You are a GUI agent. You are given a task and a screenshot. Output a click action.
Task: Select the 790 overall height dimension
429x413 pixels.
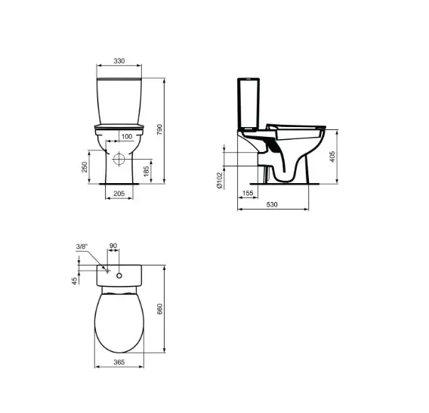[170, 130]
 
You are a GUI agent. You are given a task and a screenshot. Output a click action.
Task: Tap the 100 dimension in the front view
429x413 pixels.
[125, 135]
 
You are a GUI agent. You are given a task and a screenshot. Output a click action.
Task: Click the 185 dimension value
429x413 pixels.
[156, 174]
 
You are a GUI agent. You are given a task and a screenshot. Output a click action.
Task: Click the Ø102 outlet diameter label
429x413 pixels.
[220, 179]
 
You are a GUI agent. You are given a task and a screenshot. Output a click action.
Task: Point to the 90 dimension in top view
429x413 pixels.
[113, 247]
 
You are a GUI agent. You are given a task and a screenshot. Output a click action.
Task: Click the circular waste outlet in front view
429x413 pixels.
[119, 161]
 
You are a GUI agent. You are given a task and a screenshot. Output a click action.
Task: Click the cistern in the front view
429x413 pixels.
[119, 98]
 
